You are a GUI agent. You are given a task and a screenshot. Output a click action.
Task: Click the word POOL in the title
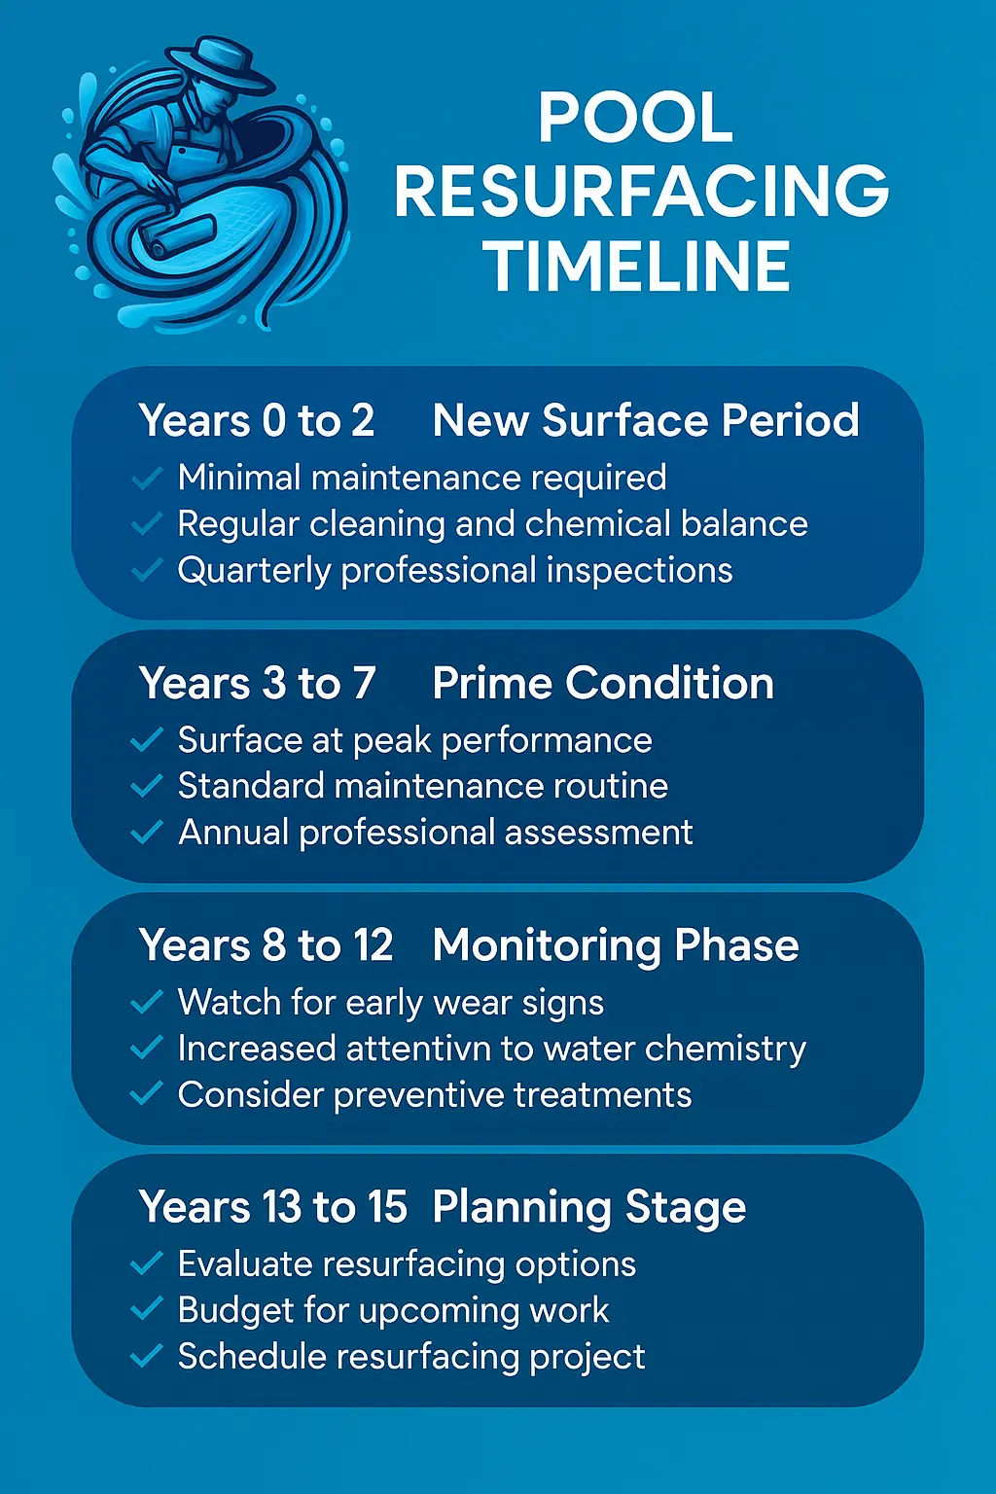636,119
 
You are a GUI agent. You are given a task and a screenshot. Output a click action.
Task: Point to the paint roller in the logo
185,234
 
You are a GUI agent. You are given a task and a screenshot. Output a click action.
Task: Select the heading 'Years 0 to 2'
257,421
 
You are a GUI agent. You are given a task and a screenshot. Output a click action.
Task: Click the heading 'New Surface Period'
646,421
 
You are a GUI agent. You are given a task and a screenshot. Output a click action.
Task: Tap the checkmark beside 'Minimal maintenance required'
146,479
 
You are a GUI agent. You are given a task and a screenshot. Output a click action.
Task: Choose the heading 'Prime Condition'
603,684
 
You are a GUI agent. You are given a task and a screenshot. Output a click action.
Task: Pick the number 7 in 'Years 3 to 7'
364,684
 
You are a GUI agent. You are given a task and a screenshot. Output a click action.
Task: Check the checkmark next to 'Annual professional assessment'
146,834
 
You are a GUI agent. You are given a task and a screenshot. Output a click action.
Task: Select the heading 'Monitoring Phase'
616,945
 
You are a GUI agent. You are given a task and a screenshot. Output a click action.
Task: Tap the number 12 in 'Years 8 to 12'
373,945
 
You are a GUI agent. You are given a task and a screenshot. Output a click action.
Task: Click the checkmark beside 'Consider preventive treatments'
146,1095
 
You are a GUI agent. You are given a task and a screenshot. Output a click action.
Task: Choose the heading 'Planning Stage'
589,1207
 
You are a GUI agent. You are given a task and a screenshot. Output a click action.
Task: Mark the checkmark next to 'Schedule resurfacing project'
146,1357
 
